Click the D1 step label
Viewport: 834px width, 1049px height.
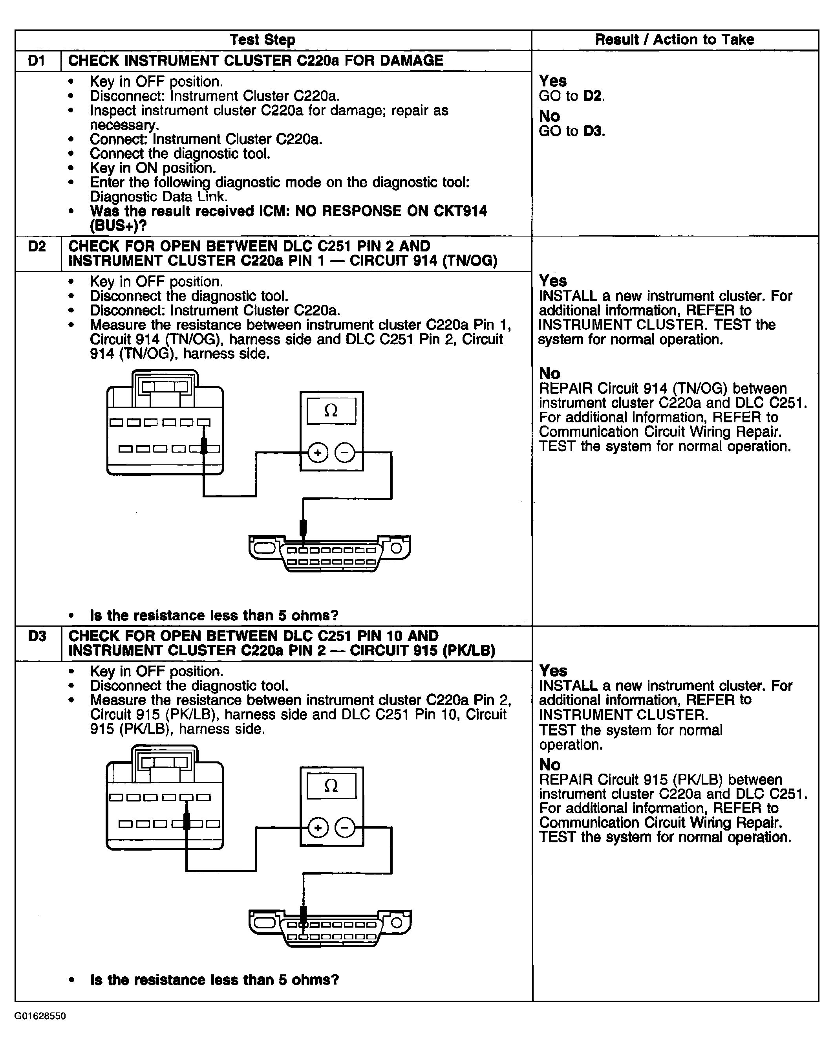pyautogui.click(x=37, y=61)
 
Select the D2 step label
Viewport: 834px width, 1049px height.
pyautogui.click(x=37, y=247)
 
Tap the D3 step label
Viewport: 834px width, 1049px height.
pyautogui.click(x=37, y=636)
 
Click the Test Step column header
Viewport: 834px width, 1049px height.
pyautogui.click(x=262, y=40)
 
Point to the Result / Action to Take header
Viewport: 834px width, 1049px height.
pyautogui.click(x=675, y=40)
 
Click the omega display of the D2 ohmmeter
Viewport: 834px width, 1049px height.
pyautogui.click(x=331, y=411)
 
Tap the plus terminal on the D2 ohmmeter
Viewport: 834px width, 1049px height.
pyautogui.click(x=318, y=453)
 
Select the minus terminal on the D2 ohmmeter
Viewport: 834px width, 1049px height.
pyautogui.click(x=345, y=453)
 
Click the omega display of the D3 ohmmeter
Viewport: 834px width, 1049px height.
pyautogui.click(x=331, y=786)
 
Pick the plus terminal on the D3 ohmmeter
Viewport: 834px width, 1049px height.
pyautogui.click(x=318, y=828)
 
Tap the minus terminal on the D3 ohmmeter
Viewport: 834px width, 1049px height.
pyautogui.click(x=345, y=828)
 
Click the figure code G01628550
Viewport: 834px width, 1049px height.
pyautogui.click(x=40, y=1016)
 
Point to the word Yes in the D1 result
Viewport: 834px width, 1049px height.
pyautogui.click(x=553, y=81)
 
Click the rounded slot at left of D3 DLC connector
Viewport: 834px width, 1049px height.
pyautogui.click(x=265, y=923)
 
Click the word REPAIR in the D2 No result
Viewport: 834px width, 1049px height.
pyautogui.click(x=565, y=389)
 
